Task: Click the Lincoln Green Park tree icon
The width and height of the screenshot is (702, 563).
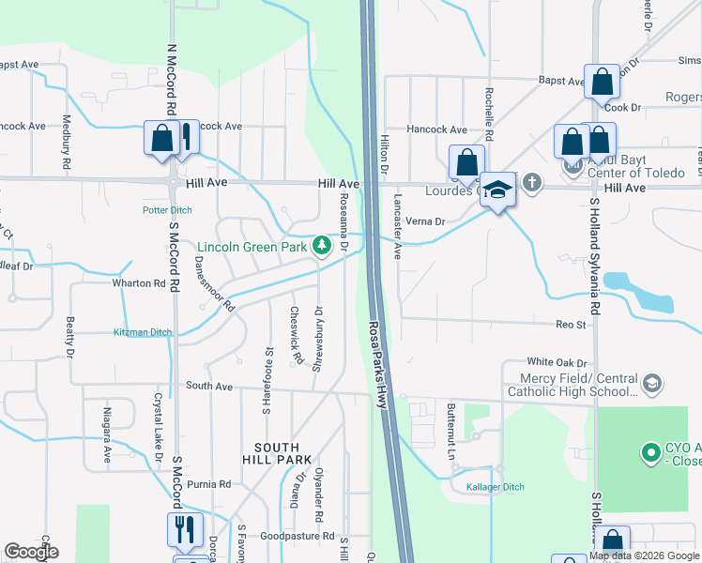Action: (323, 246)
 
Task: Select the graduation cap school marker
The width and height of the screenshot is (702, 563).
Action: (497, 190)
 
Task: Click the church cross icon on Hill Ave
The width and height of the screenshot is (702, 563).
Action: (532, 182)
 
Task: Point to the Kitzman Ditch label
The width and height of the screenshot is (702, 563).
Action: (143, 332)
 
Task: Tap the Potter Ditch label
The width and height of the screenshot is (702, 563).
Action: (167, 210)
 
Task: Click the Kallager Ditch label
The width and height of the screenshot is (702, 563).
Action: (495, 487)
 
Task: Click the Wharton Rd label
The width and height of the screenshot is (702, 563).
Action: (138, 282)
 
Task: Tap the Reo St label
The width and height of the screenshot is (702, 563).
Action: (571, 325)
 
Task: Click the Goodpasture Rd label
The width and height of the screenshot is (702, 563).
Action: (298, 537)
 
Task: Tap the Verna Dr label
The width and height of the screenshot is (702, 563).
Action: (425, 221)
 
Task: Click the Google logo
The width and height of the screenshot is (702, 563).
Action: (31, 552)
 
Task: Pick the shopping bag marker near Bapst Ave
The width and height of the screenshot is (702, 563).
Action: (602, 83)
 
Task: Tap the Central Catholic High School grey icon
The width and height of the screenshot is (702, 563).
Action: (652, 383)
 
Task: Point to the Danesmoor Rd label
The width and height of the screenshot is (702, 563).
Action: (215, 286)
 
